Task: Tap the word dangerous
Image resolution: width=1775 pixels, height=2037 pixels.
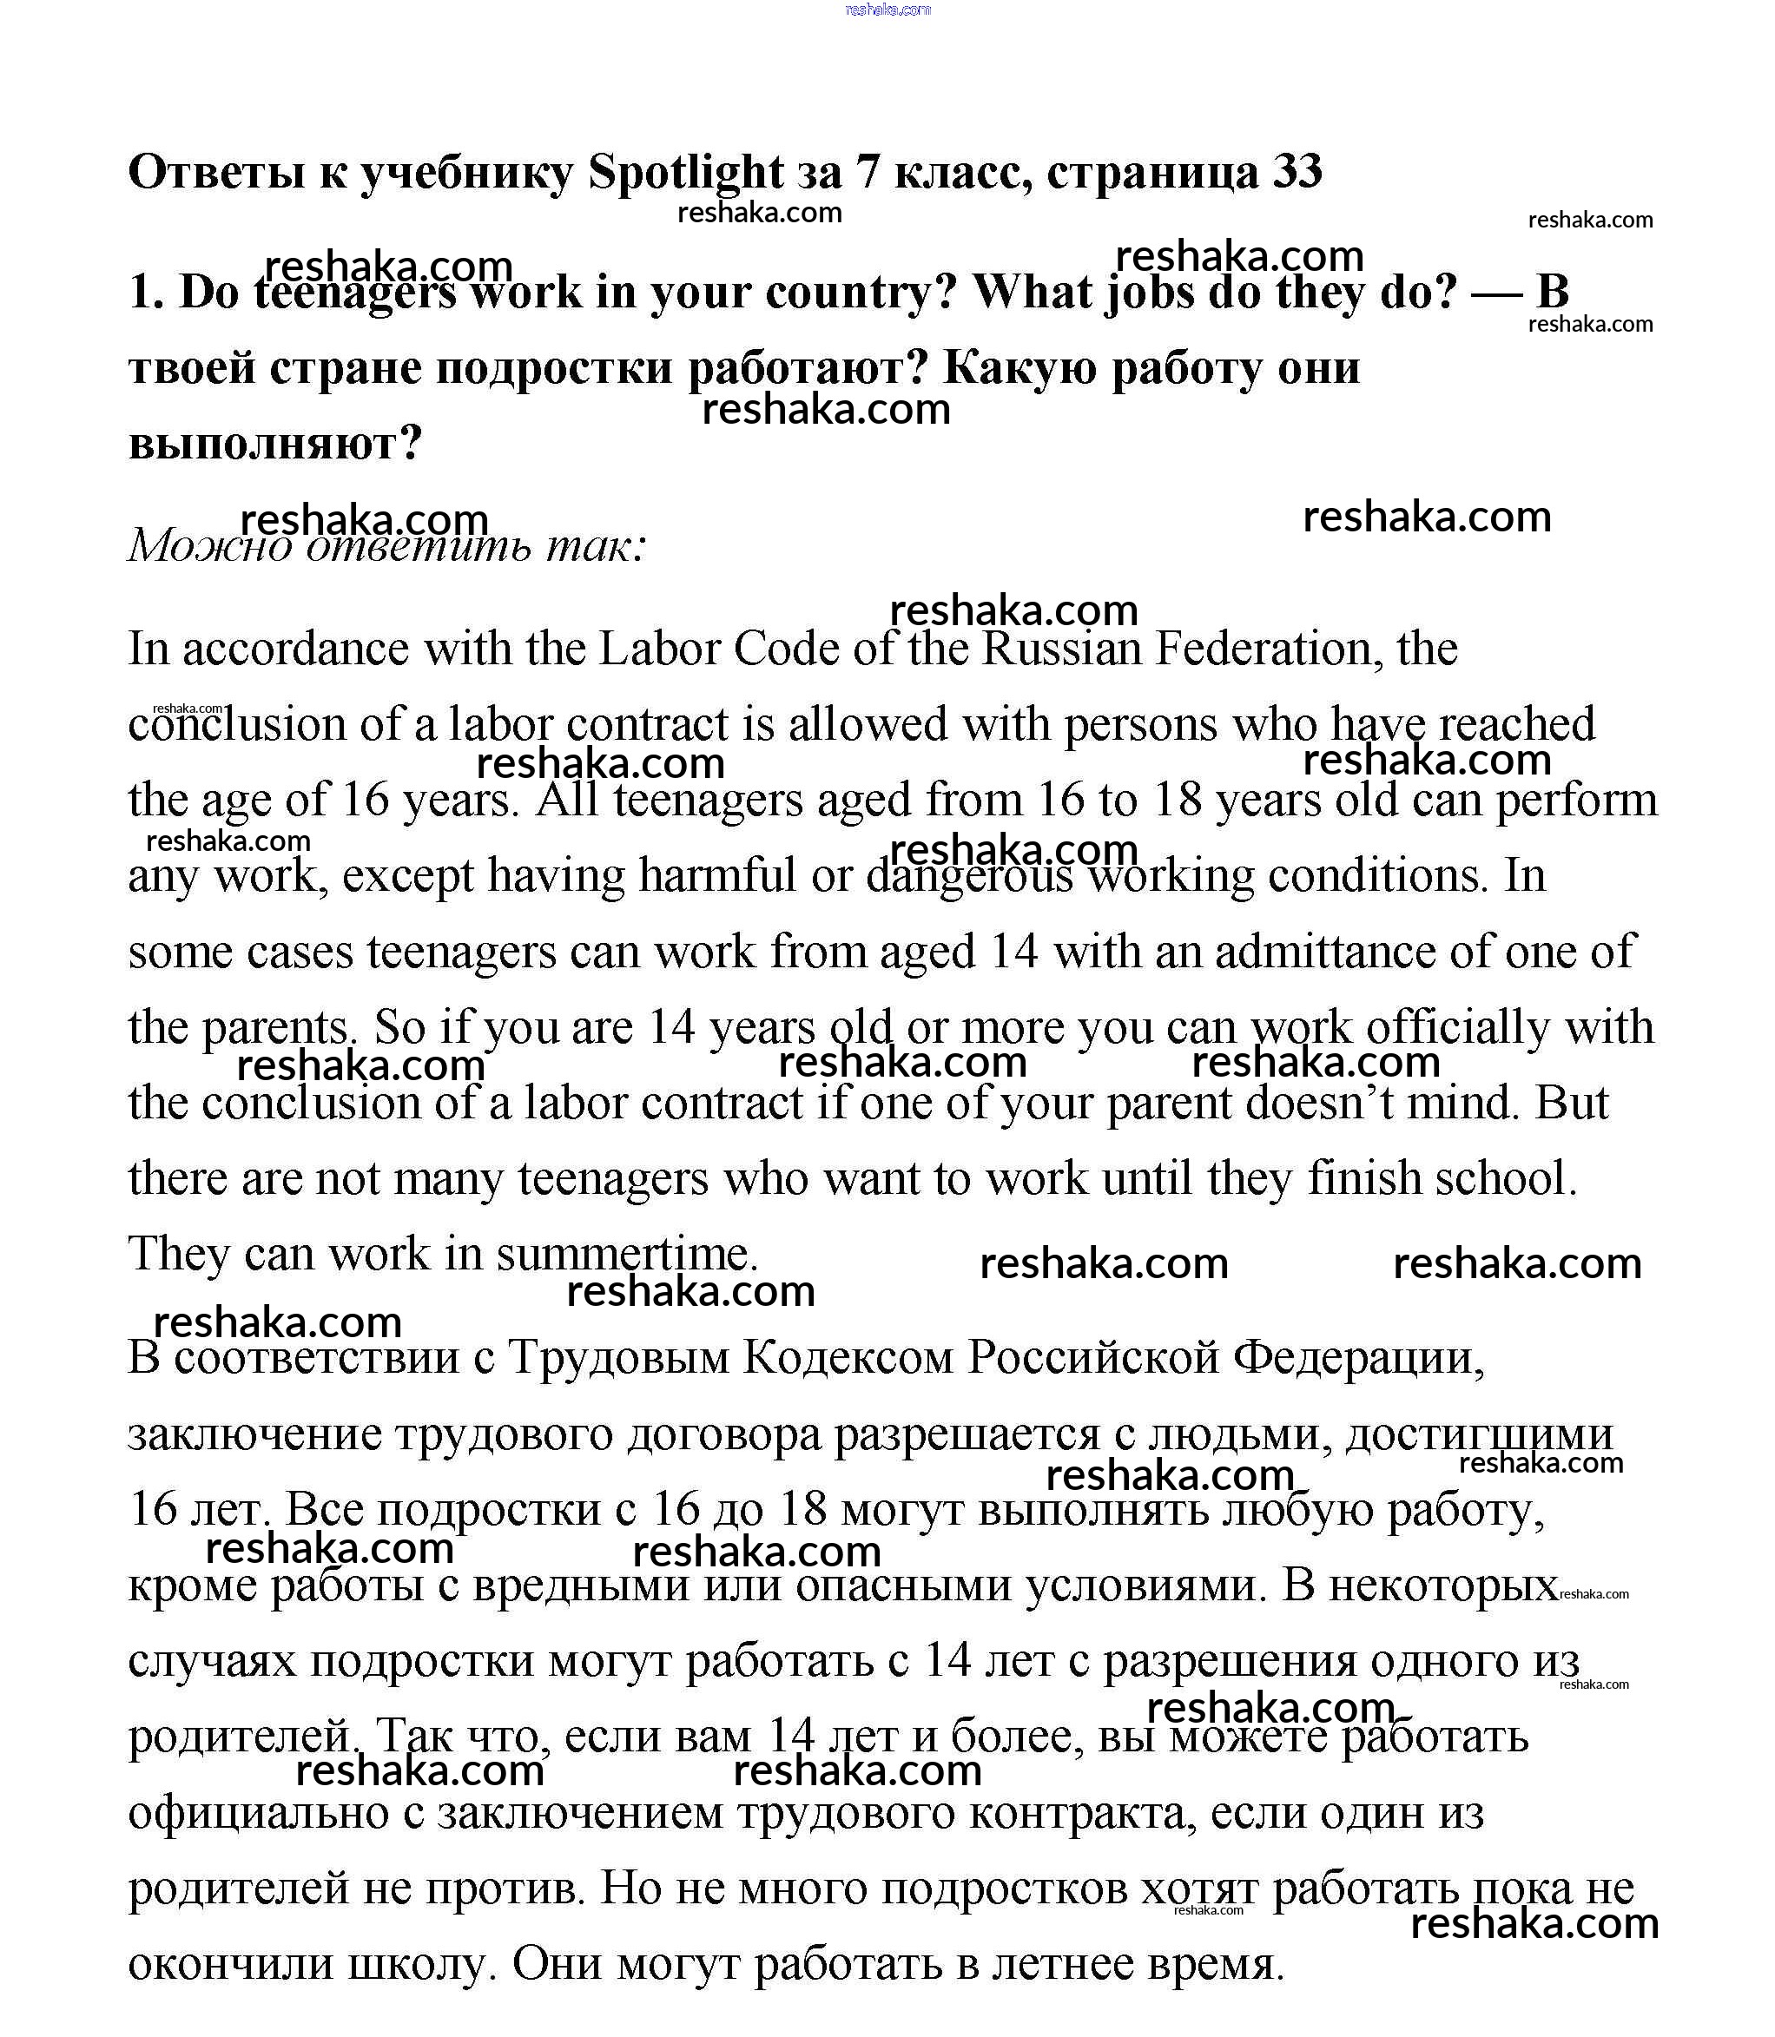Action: tap(970, 875)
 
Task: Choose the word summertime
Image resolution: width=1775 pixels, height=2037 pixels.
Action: tap(626, 1255)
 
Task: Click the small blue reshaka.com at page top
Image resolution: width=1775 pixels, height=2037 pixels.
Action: tap(887, 10)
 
